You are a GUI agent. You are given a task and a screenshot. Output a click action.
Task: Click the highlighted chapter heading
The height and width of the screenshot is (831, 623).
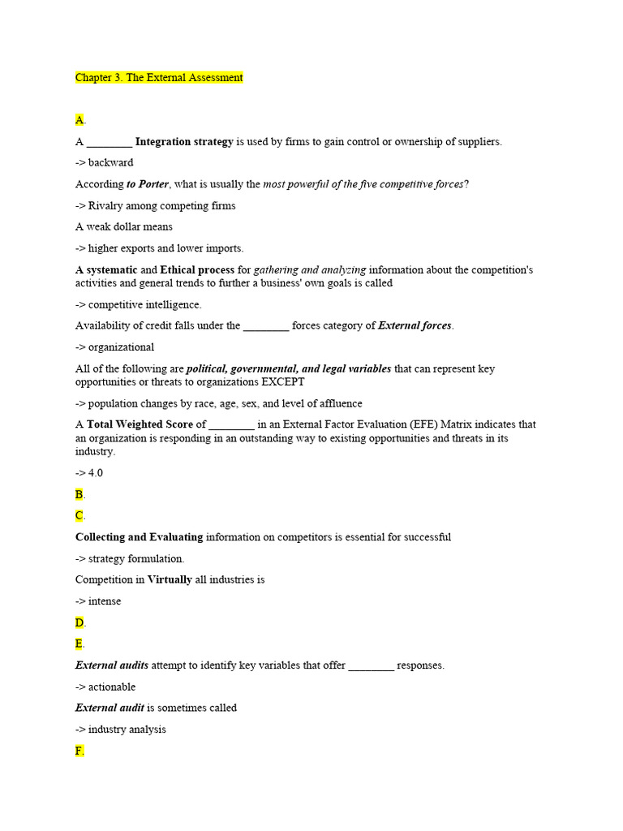[159, 78]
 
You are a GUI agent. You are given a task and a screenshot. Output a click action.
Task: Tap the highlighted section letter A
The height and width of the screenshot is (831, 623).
[79, 120]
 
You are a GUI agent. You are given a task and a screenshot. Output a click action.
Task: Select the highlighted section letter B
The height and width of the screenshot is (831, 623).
[79, 494]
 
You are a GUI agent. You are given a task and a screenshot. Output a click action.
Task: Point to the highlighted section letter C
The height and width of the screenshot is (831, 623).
[79, 515]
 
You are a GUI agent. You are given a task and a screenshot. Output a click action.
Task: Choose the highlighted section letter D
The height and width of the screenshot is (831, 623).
[79, 622]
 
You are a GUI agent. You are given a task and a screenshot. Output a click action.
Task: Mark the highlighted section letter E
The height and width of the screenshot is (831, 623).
[79, 644]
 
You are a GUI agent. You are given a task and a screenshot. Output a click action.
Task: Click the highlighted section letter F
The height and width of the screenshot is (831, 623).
[79, 751]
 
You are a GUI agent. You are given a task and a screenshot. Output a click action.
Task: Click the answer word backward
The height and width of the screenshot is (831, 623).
[111, 163]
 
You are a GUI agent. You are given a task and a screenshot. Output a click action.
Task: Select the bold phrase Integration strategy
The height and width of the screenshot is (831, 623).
[184, 142]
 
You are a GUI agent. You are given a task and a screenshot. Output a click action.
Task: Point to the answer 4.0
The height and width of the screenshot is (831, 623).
[96, 472]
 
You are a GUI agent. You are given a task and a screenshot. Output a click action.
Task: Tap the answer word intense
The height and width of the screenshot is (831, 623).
[105, 601]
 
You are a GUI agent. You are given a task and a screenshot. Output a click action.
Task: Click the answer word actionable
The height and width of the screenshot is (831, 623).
[112, 687]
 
